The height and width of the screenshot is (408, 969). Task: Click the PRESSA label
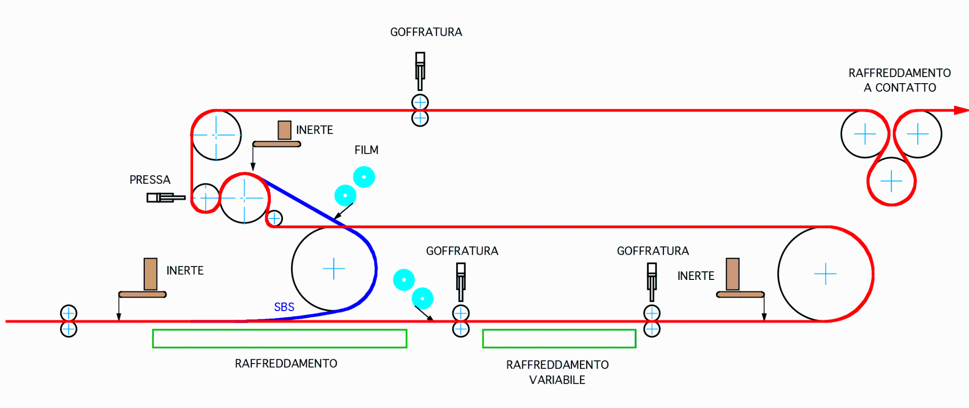click(x=150, y=180)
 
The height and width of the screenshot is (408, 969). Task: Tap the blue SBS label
click(x=284, y=307)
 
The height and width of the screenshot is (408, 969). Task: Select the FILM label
click(x=366, y=150)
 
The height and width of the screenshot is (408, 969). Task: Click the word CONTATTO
click(x=906, y=87)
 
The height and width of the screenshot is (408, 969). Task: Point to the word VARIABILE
click(x=557, y=380)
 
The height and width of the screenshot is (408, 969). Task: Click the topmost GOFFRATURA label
click(x=426, y=32)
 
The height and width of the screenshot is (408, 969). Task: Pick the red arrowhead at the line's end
click(x=961, y=110)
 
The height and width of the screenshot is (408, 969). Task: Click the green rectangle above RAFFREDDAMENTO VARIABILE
click(x=559, y=339)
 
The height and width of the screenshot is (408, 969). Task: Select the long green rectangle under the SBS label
click(x=280, y=339)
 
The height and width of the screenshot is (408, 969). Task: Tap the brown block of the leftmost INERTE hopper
click(x=150, y=274)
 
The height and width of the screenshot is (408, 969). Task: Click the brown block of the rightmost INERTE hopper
click(x=732, y=274)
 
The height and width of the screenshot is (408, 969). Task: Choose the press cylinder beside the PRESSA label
click(x=166, y=198)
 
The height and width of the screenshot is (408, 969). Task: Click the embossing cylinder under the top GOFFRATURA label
click(x=420, y=71)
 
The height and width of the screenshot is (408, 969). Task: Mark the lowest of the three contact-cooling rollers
click(x=891, y=181)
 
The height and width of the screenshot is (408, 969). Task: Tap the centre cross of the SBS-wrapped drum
click(x=334, y=269)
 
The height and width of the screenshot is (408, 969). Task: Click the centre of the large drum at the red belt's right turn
click(x=826, y=274)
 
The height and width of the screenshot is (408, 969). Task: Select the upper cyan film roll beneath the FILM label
click(x=364, y=177)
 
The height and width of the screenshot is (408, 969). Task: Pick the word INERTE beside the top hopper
click(x=315, y=130)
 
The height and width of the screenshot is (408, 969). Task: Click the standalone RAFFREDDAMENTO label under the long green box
click(x=286, y=364)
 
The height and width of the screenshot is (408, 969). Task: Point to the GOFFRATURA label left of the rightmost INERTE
click(x=653, y=251)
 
